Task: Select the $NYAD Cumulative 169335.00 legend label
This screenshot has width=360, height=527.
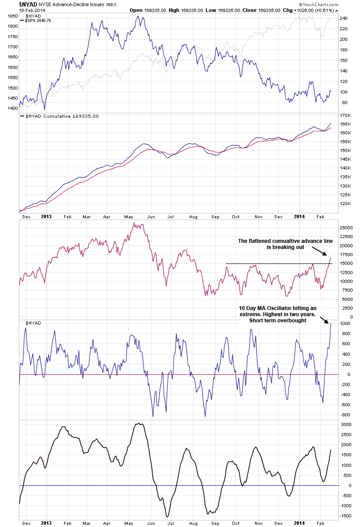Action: click(59, 116)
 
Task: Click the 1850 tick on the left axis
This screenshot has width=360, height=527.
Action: click(12, 16)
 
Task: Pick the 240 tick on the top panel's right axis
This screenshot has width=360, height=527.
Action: click(345, 18)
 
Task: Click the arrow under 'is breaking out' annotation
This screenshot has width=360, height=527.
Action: click(320, 251)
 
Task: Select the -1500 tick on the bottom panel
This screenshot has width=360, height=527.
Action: click(346, 517)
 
